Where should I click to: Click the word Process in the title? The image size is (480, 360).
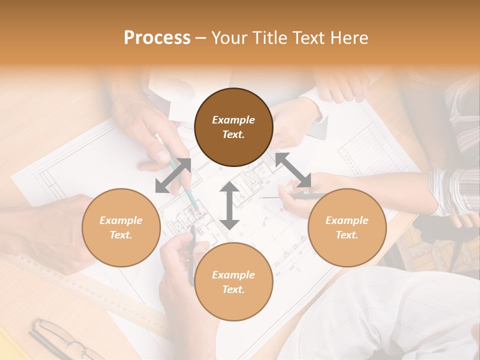click(x=157, y=38)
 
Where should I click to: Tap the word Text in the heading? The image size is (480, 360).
click(x=308, y=38)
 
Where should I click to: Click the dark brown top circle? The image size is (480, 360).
click(x=233, y=127)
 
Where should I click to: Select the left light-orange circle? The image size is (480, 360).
click(x=121, y=227)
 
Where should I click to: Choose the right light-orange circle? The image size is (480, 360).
click(x=347, y=227)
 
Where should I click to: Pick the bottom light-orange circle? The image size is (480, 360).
click(x=233, y=282)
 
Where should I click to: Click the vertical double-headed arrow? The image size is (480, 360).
click(x=229, y=205)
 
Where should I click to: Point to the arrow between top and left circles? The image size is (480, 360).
click(x=173, y=175)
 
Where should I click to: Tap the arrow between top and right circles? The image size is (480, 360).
click(x=293, y=170)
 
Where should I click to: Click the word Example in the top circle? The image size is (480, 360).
click(x=233, y=120)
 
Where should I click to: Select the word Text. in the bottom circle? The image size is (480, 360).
click(x=233, y=289)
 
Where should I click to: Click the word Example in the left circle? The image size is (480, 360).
click(x=121, y=220)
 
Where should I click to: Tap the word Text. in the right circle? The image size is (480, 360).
click(x=347, y=235)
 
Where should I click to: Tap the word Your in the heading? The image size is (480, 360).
click(x=228, y=38)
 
